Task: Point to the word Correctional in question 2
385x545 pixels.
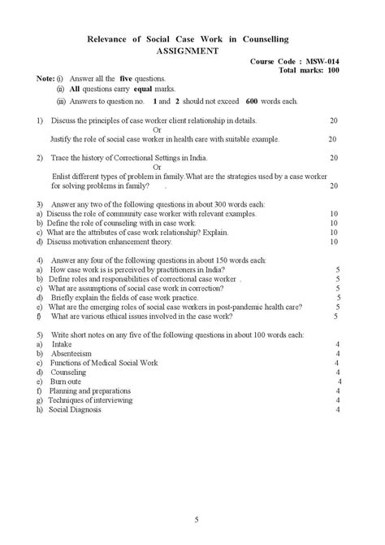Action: pyautogui.click(x=118, y=158)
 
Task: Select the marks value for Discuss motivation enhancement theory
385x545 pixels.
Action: pyautogui.click(x=334, y=242)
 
